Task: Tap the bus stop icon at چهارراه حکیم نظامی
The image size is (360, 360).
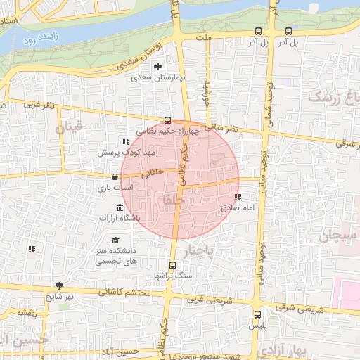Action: (x=167, y=120)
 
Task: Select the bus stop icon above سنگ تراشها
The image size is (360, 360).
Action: (x=172, y=265)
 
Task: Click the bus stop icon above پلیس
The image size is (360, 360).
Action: (x=258, y=314)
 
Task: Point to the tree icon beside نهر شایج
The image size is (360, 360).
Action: (x=59, y=285)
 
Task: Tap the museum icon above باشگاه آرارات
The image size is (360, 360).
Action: (x=119, y=207)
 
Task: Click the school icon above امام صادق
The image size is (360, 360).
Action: (x=238, y=198)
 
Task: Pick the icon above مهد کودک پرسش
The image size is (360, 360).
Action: (x=126, y=141)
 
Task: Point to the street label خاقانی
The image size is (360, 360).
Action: (x=155, y=172)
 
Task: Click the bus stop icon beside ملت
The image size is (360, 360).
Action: (x=259, y=31)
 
